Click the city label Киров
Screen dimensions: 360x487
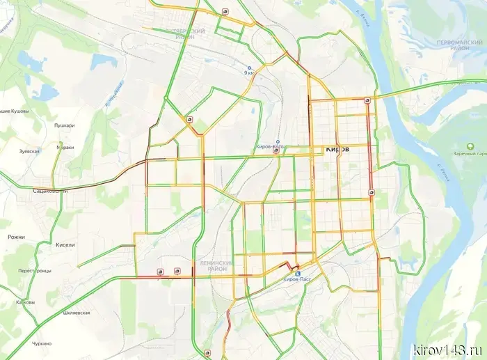(x=337, y=150)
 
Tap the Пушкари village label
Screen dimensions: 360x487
(x=64, y=126)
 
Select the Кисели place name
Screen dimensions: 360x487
(x=65, y=245)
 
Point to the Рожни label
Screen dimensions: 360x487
(x=16, y=237)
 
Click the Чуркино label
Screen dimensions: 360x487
(x=42, y=344)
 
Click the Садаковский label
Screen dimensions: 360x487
(x=50, y=189)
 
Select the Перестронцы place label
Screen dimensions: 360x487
(x=35, y=270)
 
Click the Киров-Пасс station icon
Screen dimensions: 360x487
(x=298, y=274)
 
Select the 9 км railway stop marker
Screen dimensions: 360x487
(x=248, y=68)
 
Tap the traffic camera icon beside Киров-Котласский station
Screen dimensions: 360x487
(x=276, y=150)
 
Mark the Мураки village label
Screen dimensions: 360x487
(x=65, y=148)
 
